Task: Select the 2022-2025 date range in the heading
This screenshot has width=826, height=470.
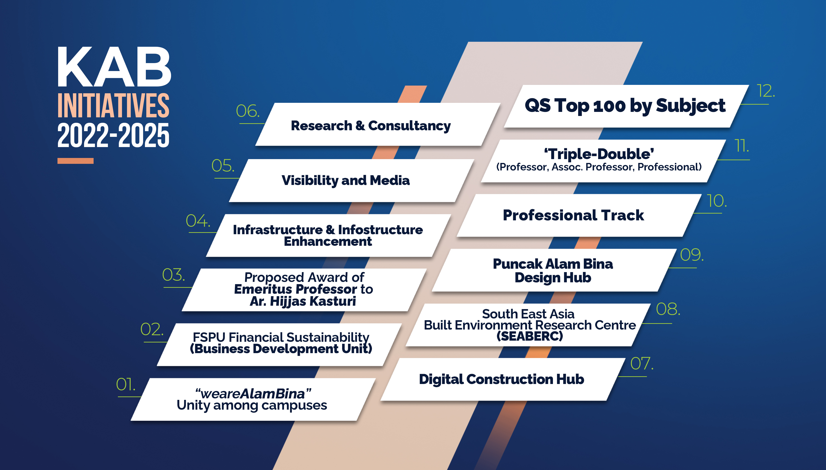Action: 113,135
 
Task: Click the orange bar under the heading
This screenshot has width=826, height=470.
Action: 76,161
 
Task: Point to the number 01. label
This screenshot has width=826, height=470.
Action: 126,384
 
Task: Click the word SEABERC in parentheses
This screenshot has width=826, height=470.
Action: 530,336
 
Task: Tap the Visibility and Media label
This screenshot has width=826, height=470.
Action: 346,180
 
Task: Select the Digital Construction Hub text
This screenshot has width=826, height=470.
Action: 502,379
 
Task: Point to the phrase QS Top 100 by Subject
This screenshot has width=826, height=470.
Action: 625,106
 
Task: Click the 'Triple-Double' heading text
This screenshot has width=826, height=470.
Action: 599,154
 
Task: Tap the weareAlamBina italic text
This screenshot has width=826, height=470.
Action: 253,394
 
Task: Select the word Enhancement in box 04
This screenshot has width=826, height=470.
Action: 328,241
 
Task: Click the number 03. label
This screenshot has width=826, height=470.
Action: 174,275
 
